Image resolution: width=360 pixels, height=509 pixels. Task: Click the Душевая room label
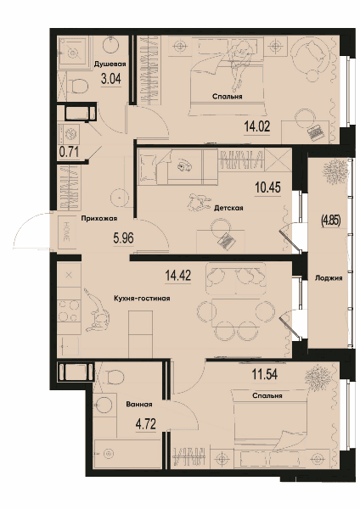[110, 64]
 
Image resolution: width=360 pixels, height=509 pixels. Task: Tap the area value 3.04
[110, 79]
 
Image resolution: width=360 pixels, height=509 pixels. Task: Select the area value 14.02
[257, 126]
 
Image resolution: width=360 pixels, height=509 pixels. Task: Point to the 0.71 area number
[69, 152]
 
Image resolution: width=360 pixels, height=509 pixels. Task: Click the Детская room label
[228, 208]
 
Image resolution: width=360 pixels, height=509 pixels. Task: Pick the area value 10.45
[267, 187]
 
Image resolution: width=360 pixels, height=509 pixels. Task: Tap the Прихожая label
[99, 219]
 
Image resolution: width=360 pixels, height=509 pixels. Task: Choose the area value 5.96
[123, 238]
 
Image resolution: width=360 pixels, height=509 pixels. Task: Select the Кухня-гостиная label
[142, 299]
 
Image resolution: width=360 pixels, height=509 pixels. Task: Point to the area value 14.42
[177, 276]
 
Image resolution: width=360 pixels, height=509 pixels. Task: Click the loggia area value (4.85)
[330, 221]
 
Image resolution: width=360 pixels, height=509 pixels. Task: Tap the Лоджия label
[329, 278]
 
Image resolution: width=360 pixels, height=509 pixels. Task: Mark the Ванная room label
[139, 405]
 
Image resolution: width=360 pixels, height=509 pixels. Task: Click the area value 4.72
[146, 424]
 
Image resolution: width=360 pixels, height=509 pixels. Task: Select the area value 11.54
[264, 374]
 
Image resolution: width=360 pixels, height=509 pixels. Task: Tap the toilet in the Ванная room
[115, 377]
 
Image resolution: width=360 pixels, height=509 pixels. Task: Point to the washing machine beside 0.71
[68, 133]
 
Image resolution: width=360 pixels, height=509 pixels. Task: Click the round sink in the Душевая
[112, 44]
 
